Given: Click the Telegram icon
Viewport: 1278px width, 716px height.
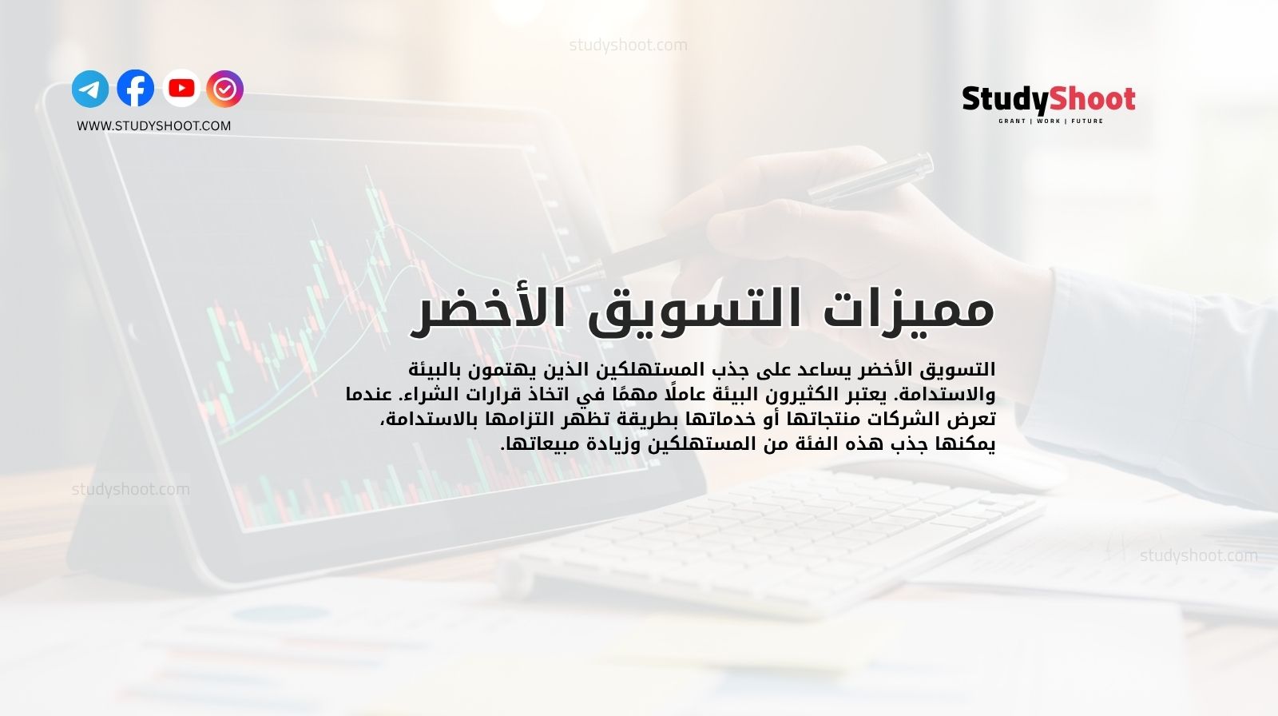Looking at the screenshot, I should [x=90, y=89].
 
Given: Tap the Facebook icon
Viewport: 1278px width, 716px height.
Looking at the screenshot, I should [x=136, y=89].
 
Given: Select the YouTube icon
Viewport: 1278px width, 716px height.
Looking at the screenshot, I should [x=181, y=89].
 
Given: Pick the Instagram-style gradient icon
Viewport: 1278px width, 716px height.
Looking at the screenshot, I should [x=225, y=89].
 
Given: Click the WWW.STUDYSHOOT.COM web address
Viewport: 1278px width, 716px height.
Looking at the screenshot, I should [x=153, y=125].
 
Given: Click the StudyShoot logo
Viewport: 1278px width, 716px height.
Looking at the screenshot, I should [x=1049, y=100].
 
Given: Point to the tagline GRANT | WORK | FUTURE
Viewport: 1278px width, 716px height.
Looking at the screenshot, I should [x=1050, y=121].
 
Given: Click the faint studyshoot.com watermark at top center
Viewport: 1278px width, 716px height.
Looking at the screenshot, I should [x=628, y=45].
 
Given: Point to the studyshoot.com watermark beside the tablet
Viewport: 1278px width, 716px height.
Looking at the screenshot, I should [x=131, y=489].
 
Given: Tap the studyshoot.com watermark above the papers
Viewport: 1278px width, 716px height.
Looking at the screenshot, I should [x=1198, y=555].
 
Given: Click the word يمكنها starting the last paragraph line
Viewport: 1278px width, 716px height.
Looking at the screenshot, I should [x=967, y=444].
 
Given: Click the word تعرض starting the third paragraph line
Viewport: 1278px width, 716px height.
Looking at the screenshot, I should [x=975, y=420].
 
